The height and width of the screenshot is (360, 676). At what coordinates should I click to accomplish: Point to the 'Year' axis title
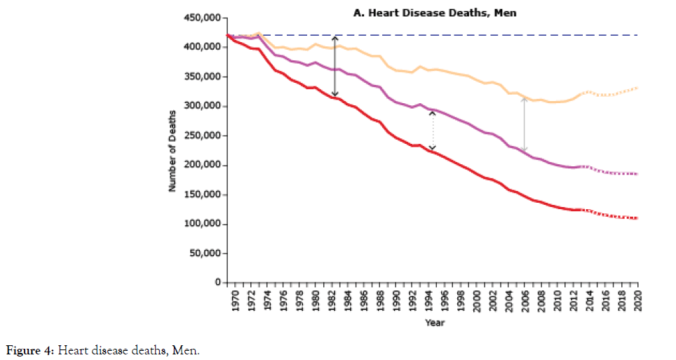[433, 323]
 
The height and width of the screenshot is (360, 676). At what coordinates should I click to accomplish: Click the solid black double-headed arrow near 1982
[335, 67]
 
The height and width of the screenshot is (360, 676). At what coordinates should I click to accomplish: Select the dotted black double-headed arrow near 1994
[433, 131]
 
